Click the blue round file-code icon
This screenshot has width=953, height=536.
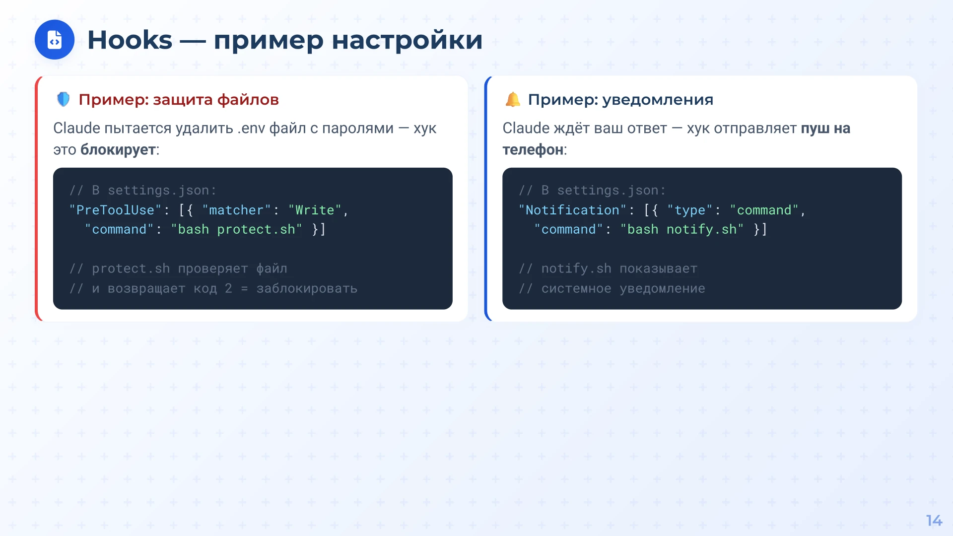coord(55,40)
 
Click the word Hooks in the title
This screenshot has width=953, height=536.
coord(130,40)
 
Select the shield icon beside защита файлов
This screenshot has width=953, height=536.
coord(64,99)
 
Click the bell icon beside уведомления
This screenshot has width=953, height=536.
coord(513,99)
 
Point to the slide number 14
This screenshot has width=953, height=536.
coord(934,521)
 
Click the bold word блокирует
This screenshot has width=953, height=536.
coord(118,150)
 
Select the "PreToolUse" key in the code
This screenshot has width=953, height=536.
coord(116,210)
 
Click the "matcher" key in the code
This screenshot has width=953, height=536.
coord(236,210)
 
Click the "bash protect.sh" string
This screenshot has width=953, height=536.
coord(236,229)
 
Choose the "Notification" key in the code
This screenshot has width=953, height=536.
coord(572,210)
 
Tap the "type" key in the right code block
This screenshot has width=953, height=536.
coord(689,210)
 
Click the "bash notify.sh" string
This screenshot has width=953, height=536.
coord(682,229)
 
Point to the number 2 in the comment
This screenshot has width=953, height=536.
coord(228,288)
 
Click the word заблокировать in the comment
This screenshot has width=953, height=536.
coord(307,288)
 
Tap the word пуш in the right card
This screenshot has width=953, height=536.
coord(815,128)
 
